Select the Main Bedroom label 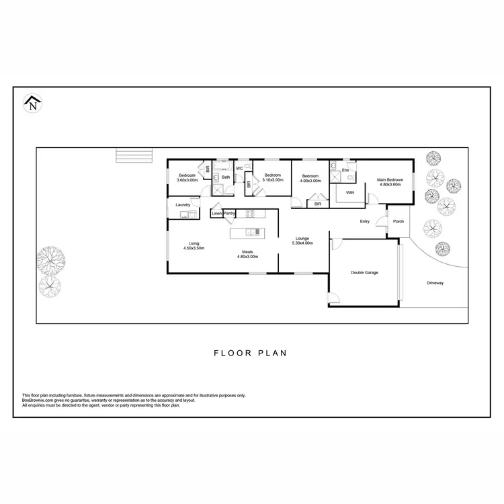pyautogui.click(x=390, y=180)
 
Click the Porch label pyautogui.click(x=398, y=221)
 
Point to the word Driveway pyautogui.click(x=435, y=283)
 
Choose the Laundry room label pyautogui.click(x=183, y=204)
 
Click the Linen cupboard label pyautogui.click(x=216, y=214)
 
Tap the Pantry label pyautogui.click(x=229, y=214)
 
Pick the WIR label pyautogui.click(x=350, y=193)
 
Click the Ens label pyautogui.click(x=345, y=170)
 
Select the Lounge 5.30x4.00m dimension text pyautogui.click(x=302, y=243)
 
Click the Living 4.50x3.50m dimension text pyautogui.click(x=194, y=249)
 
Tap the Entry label pyautogui.click(x=365, y=221)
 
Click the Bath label pyautogui.click(x=226, y=177)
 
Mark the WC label pyautogui.click(x=239, y=168)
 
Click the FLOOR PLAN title pyautogui.click(x=251, y=352)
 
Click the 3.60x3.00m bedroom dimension pyautogui.click(x=187, y=180)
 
